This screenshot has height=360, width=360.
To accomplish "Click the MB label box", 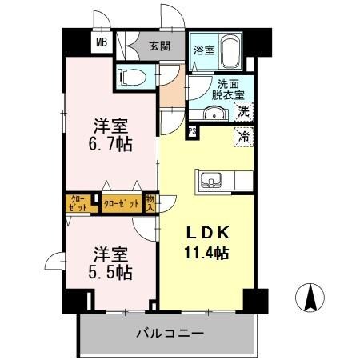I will point(102,43).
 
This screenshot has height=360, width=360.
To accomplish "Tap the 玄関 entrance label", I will point(158,46).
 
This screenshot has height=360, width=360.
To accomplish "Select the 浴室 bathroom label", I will point(203,50).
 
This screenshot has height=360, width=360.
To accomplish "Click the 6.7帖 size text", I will point(110,145).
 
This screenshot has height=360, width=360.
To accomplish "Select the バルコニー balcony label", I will point(169,332).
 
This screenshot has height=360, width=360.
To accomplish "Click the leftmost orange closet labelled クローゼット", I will point(78,203).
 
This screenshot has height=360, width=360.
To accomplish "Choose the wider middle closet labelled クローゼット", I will point(122,203).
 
